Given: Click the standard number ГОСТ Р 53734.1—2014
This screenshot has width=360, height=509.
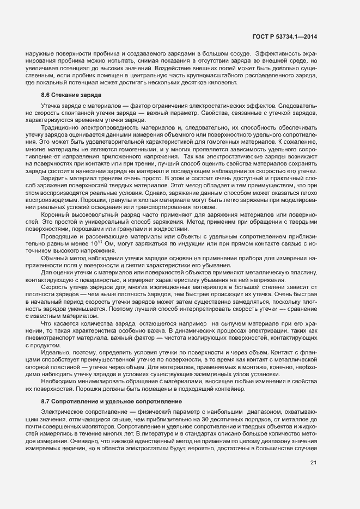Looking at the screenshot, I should coord(285,36).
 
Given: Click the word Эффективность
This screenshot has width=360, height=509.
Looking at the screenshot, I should coord(278,52).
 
